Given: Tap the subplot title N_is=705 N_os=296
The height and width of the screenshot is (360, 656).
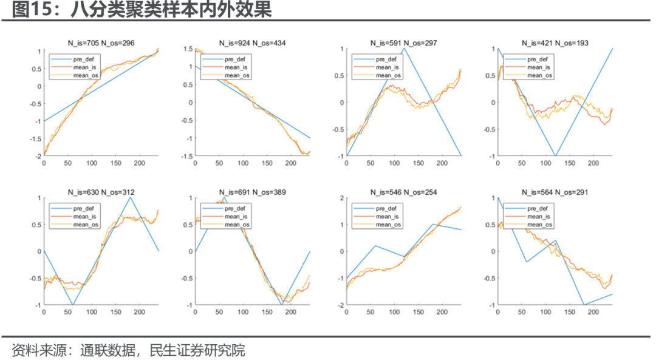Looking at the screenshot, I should click(x=100, y=43).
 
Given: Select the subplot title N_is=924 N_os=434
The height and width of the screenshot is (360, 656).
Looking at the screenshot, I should click(x=252, y=43).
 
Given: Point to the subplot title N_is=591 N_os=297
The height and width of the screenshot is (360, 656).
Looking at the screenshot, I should click(x=403, y=43).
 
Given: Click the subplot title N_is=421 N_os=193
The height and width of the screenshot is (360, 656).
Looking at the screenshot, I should click(x=555, y=43).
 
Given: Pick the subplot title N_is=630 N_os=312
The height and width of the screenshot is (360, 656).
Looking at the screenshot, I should click(x=100, y=192).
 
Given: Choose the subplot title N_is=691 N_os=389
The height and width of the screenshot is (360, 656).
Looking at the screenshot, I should click(x=252, y=192).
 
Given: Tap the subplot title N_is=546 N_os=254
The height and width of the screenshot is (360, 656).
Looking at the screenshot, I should click(x=403, y=192).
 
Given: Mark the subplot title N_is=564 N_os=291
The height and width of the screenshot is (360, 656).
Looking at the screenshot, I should click(x=555, y=192).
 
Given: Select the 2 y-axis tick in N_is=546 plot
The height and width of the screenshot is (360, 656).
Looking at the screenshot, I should click(x=341, y=199).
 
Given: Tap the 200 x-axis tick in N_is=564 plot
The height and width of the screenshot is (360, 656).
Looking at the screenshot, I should click(x=593, y=313).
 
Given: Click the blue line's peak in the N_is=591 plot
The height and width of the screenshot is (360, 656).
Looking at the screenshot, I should click(x=404, y=49).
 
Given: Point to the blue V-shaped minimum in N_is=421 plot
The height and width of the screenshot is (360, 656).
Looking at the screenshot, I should click(x=555, y=155).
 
